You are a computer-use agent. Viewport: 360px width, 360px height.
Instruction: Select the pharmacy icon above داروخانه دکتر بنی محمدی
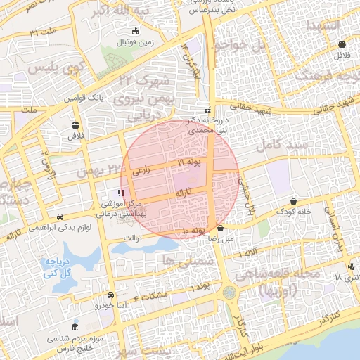[207, 110]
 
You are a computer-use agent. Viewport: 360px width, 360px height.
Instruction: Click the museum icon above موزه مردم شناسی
[76, 328]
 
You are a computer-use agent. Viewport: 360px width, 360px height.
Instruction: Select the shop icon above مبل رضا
[221, 228]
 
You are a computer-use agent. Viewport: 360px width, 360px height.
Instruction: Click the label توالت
[133, 238]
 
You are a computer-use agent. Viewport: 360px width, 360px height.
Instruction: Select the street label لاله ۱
[251, 251]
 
